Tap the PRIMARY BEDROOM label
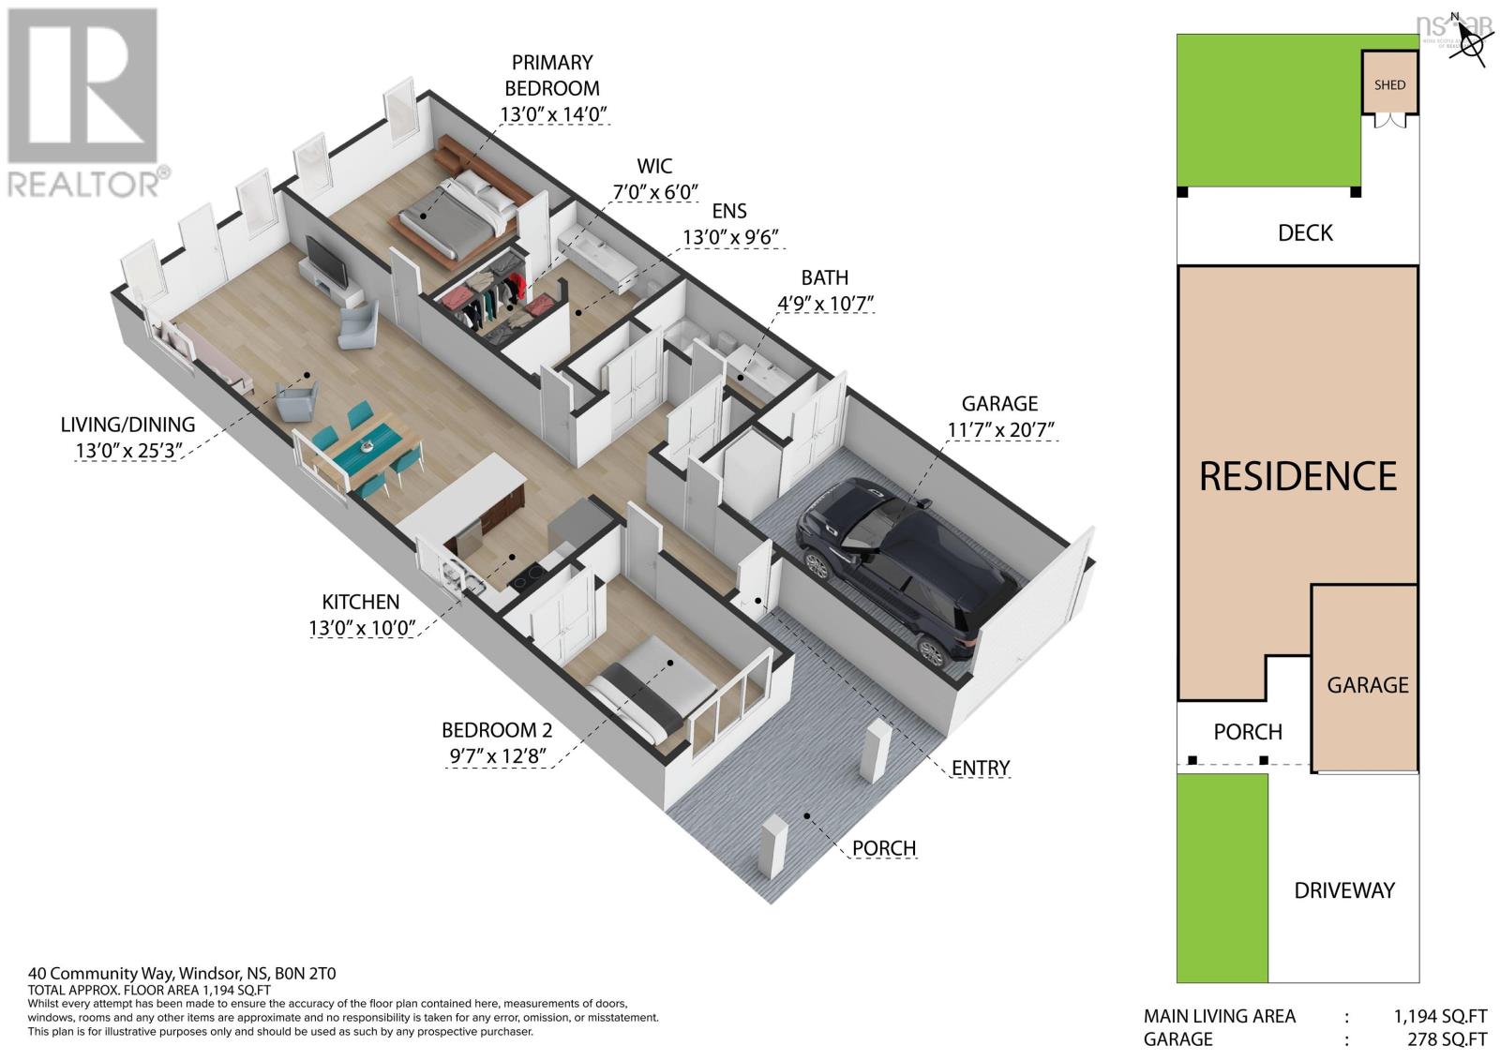[552, 75]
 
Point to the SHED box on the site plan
[1389, 84]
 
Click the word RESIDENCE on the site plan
[1297, 476]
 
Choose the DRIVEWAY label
[1344, 889]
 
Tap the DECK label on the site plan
[1305, 232]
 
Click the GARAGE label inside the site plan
[1367, 685]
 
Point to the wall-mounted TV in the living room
[324, 261]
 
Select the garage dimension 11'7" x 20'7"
[999, 430]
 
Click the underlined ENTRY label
[980, 769]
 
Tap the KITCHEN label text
[361, 602]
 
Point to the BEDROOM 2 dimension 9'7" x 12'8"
[497, 755]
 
